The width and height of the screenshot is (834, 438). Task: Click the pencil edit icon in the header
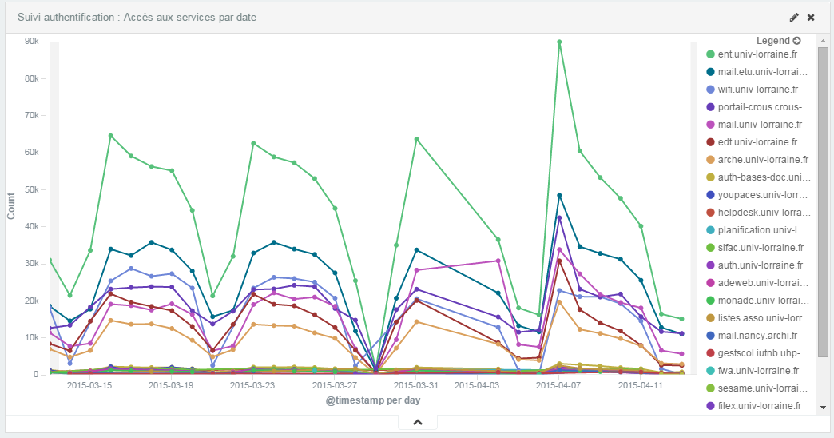[x=794, y=17]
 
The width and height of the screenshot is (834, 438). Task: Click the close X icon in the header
[x=811, y=17]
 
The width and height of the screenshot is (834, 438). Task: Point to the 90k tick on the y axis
[x=32, y=42]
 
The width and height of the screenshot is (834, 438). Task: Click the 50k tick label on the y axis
[x=32, y=189]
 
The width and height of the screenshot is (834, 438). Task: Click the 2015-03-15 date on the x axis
[x=89, y=384]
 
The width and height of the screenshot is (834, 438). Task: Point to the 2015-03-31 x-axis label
[x=415, y=384]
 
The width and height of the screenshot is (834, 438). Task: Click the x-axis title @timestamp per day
[x=373, y=400]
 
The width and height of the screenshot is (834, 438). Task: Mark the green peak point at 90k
[x=559, y=42]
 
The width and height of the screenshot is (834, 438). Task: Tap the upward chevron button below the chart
[x=417, y=422]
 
